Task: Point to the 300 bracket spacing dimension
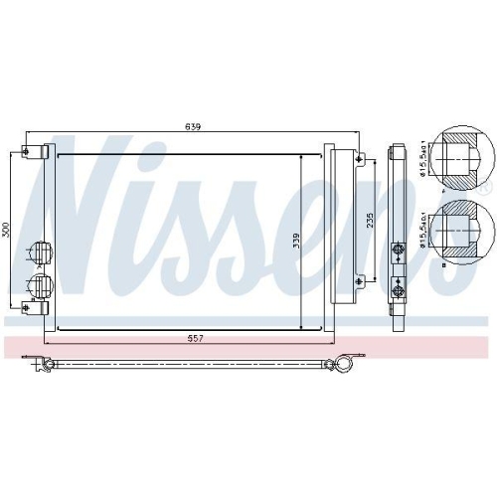tap(6, 231)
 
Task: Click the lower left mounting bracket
tap(32, 308)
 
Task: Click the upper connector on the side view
tap(399, 249)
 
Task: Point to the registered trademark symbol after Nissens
tap(486, 186)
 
